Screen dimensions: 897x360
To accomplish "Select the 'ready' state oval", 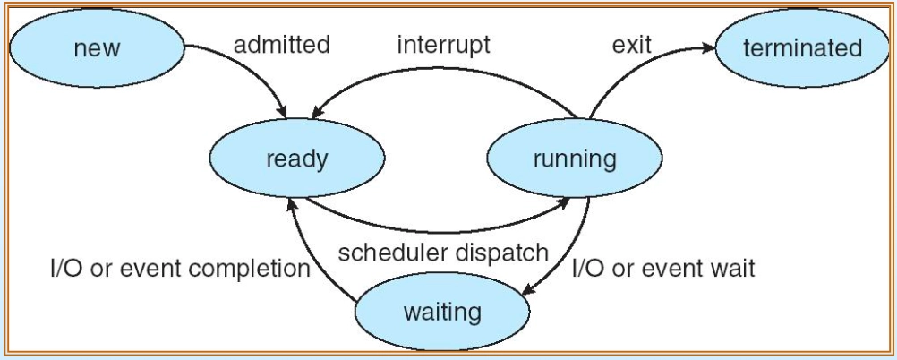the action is (297, 158).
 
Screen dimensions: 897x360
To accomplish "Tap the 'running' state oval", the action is (575, 158).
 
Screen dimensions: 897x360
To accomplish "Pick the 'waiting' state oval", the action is (442, 312).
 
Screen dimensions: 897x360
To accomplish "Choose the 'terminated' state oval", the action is (802, 48).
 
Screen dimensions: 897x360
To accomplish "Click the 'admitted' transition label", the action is (281, 44).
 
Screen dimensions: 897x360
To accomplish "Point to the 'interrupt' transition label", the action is (443, 45).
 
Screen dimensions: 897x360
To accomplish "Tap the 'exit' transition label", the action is (632, 45).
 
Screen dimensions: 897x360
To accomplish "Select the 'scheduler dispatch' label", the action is (443, 253).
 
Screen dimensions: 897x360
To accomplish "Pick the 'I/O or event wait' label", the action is (663, 268).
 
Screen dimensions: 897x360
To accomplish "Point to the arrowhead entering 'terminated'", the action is (707, 48).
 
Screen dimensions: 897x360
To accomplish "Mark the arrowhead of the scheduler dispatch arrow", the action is (562, 201).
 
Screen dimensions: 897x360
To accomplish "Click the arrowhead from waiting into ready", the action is (291, 205).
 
